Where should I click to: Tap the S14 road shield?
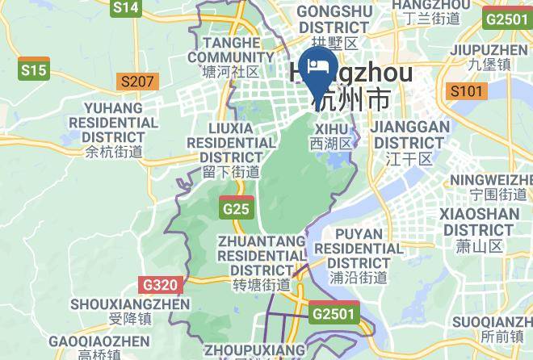(126, 8)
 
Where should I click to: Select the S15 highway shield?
(34, 70)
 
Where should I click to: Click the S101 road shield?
(467, 90)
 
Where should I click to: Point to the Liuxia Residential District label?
(231, 149)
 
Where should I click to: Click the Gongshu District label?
(333, 19)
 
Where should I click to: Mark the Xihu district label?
(332, 136)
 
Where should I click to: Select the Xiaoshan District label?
(479, 229)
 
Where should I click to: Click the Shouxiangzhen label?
(119, 311)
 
